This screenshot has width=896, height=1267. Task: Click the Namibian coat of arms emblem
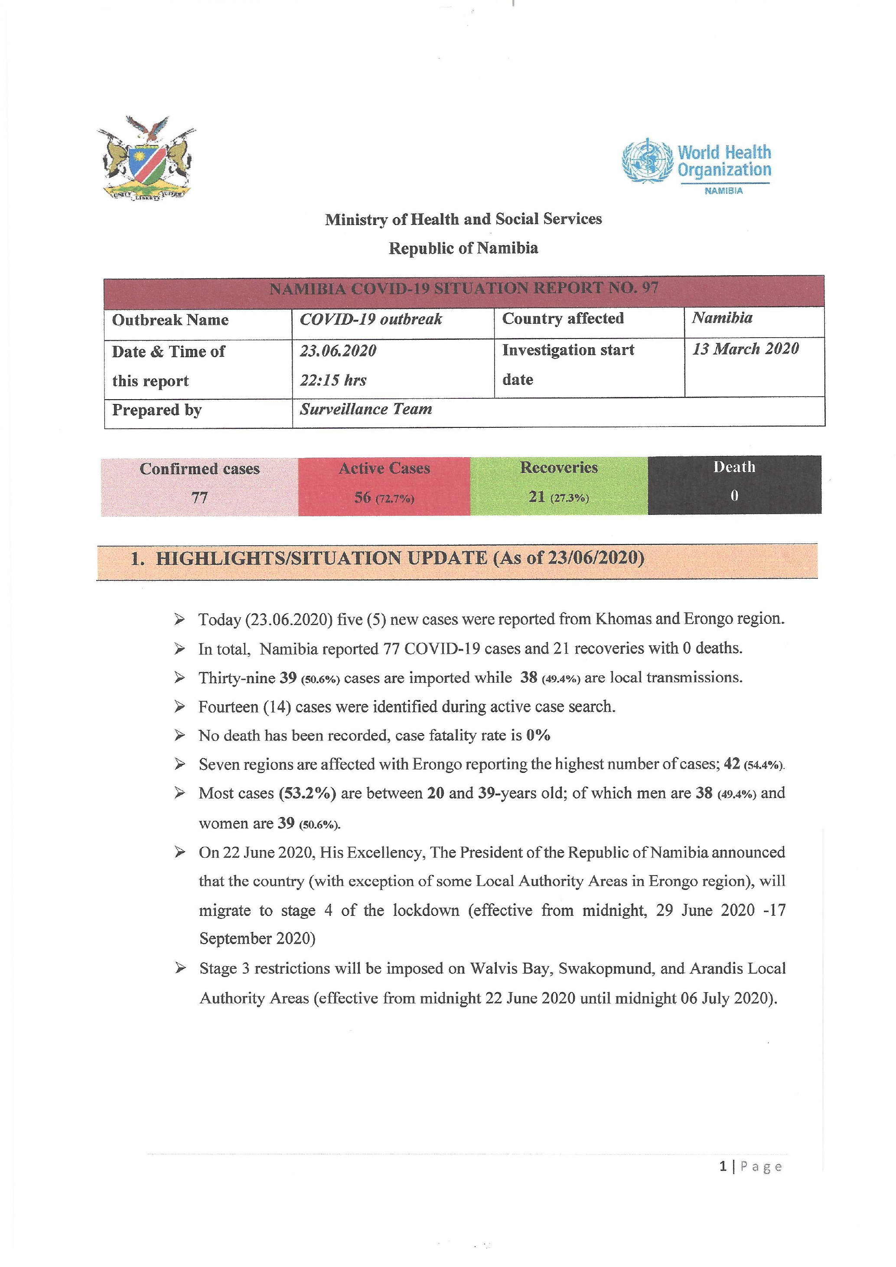coord(146,158)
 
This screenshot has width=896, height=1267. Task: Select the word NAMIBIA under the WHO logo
coord(723,191)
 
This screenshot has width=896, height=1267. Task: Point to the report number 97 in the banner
coord(650,288)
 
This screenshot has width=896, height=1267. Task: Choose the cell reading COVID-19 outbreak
coord(371,319)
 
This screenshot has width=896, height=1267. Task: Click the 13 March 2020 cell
coord(746,349)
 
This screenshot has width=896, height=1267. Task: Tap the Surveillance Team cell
coord(366,410)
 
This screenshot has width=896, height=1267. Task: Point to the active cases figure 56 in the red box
coord(362,497)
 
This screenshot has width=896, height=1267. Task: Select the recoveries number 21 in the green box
coord(537,497)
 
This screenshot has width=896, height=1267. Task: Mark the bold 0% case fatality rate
coord(538,736)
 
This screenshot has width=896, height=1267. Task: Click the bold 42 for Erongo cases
coord(732,764)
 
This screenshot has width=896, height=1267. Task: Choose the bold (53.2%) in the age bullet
coord(307,794)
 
